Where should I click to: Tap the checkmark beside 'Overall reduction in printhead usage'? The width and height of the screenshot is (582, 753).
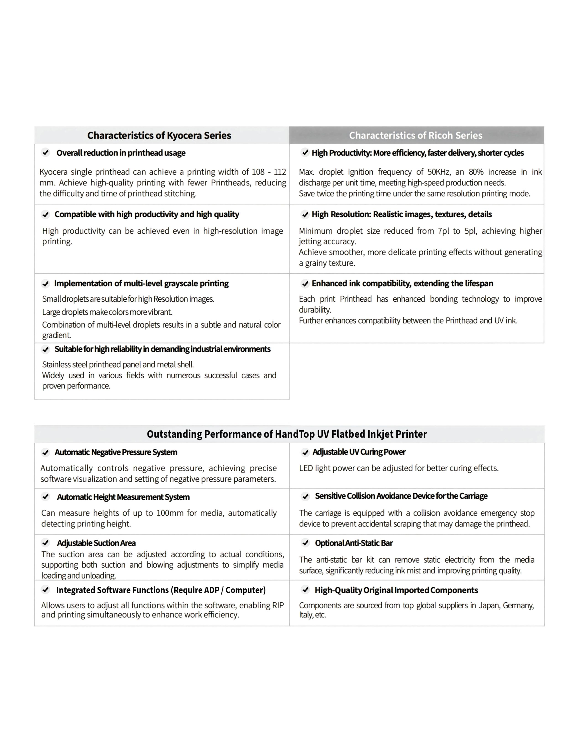pos(45,152)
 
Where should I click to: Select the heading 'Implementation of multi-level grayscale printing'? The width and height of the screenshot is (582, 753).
pos(141,283)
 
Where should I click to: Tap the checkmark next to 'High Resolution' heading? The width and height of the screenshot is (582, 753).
pos(305,214)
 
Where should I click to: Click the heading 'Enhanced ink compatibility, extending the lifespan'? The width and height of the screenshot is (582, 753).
pos(402,283)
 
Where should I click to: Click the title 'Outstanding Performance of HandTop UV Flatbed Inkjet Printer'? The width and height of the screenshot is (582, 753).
pos(287,434)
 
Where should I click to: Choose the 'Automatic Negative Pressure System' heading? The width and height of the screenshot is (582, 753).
pos(116,452)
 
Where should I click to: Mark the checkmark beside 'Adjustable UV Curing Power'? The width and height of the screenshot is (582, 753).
pos(305,452)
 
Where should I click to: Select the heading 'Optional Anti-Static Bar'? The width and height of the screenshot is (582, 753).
pos(354,543)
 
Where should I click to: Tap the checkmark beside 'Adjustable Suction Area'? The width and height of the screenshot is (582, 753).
pos(45,543)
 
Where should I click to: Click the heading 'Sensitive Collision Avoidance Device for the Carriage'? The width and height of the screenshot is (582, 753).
pos(401,496)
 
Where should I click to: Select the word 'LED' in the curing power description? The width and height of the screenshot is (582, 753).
pos(305,468)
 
